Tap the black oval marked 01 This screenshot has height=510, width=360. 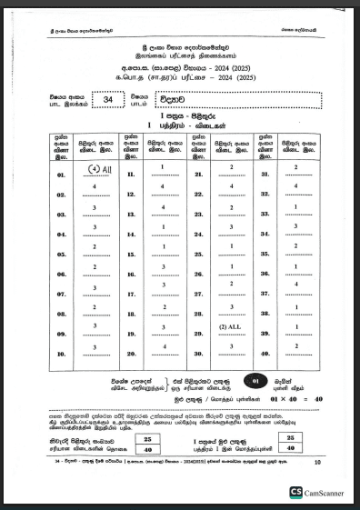(x=257, y=380)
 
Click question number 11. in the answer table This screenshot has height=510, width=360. (x=132, y=174)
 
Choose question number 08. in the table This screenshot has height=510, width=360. (x=63, y=315)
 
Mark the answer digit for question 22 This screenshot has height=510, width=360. (x=234, y=186)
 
